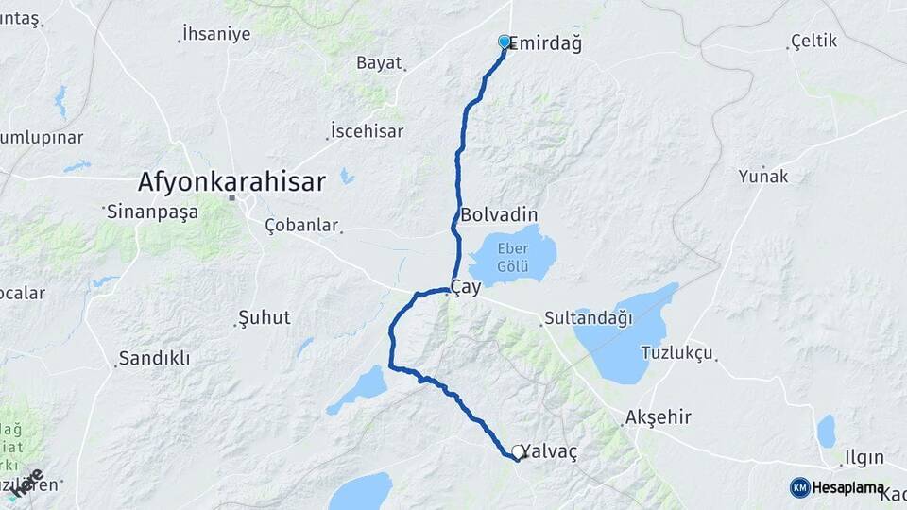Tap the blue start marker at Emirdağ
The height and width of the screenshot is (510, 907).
click(x=505, y=42)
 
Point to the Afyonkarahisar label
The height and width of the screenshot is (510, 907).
click(x=231, y=181)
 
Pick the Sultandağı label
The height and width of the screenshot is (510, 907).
click(x=588, y=318)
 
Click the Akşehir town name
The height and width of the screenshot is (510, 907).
click(x=659, y=416)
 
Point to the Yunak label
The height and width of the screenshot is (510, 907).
click(x=763, y=176)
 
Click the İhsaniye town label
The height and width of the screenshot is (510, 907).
click(x=216, y=34)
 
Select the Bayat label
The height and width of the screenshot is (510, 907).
click(x=380, y=63)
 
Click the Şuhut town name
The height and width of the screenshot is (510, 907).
click(x=265, y=317)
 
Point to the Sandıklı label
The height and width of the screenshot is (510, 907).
click(x=154, y=358)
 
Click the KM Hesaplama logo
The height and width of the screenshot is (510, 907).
click(x=839, y=487)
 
